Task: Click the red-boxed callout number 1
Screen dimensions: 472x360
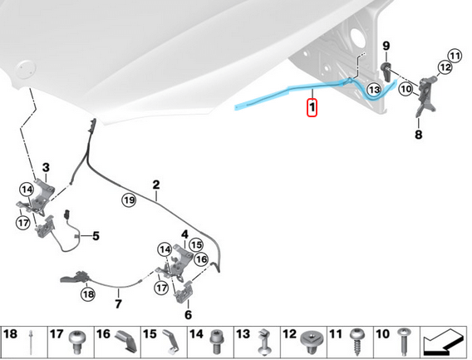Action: coord(312,107)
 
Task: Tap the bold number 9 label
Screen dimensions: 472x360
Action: coord(386,46)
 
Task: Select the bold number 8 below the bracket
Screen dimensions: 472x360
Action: coord(419,135)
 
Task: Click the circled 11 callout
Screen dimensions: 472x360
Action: coord(455,56)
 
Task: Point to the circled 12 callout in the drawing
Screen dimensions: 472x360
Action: coord(445,67)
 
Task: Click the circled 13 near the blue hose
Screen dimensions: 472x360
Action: coord(374,90)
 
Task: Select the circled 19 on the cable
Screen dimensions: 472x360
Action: coord(129,200)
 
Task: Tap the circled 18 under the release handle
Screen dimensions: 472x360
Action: coord(88,294)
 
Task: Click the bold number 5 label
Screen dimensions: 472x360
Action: coord(96,236)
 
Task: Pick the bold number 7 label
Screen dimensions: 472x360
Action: coord(118,303)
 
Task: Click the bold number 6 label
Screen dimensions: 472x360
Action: coord(188,315)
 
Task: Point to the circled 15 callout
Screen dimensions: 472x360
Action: coord(196,245)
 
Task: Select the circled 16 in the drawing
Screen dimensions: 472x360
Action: coord(201,259)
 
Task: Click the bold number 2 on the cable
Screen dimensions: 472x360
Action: coord(156,185)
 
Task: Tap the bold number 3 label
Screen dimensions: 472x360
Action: coord(46,167)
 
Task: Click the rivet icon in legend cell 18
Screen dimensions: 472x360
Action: coord(31,343)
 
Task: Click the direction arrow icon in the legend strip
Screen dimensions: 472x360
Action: coord(442,342)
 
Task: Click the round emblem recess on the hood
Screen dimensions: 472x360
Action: coord(25,69)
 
